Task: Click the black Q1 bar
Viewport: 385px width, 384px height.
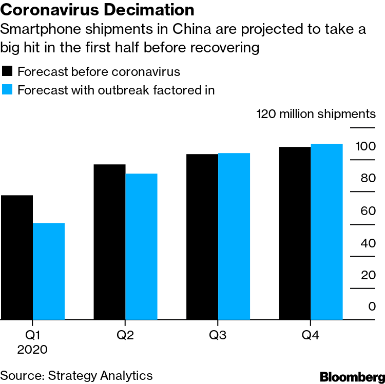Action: (17, 257)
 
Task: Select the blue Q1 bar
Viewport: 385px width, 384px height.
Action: (49, 271)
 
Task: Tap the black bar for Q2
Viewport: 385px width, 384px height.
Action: (109, 242)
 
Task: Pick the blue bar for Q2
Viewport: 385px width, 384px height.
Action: (141, 246)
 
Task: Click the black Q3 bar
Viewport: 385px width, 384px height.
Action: (202, 237)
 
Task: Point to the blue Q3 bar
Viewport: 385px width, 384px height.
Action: (234, 236)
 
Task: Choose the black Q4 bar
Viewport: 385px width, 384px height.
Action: (294, 233)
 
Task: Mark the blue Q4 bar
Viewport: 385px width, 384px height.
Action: (326, 232)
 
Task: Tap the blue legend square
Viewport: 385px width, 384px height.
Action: (7, 90)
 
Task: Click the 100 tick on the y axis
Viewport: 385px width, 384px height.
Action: (365, 147)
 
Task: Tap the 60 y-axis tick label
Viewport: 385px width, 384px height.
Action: (368, 210)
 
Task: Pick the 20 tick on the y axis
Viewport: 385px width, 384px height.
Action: (368, 275)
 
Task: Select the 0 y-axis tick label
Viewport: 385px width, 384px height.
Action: (372, 306)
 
